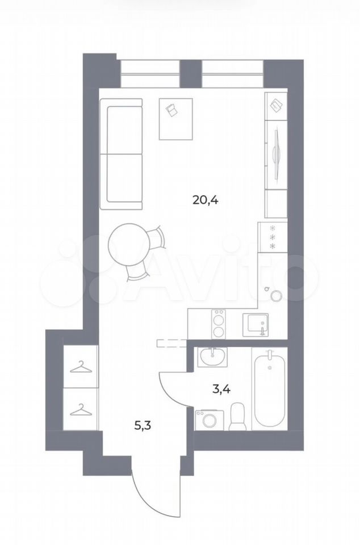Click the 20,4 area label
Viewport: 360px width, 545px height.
coord(205,200)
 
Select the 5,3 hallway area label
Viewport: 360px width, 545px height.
coord(143,425)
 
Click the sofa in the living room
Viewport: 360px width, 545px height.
coord(121,154)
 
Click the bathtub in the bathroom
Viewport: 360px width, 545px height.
coord(270,388)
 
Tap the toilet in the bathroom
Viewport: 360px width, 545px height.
coord(238,416)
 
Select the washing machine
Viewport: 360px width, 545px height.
coord(210,420)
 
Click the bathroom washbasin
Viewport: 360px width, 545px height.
coord(212,357)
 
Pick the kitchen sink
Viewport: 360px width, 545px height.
coord(256,325)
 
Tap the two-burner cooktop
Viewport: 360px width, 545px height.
coord(219,323)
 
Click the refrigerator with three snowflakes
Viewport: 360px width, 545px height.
coord(273,237)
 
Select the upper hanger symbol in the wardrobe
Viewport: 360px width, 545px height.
coord(81,368)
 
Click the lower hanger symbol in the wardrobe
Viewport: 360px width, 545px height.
coord(81,410)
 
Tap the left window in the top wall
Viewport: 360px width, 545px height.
coord(150,74)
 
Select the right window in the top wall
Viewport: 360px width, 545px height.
coord(232,74)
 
